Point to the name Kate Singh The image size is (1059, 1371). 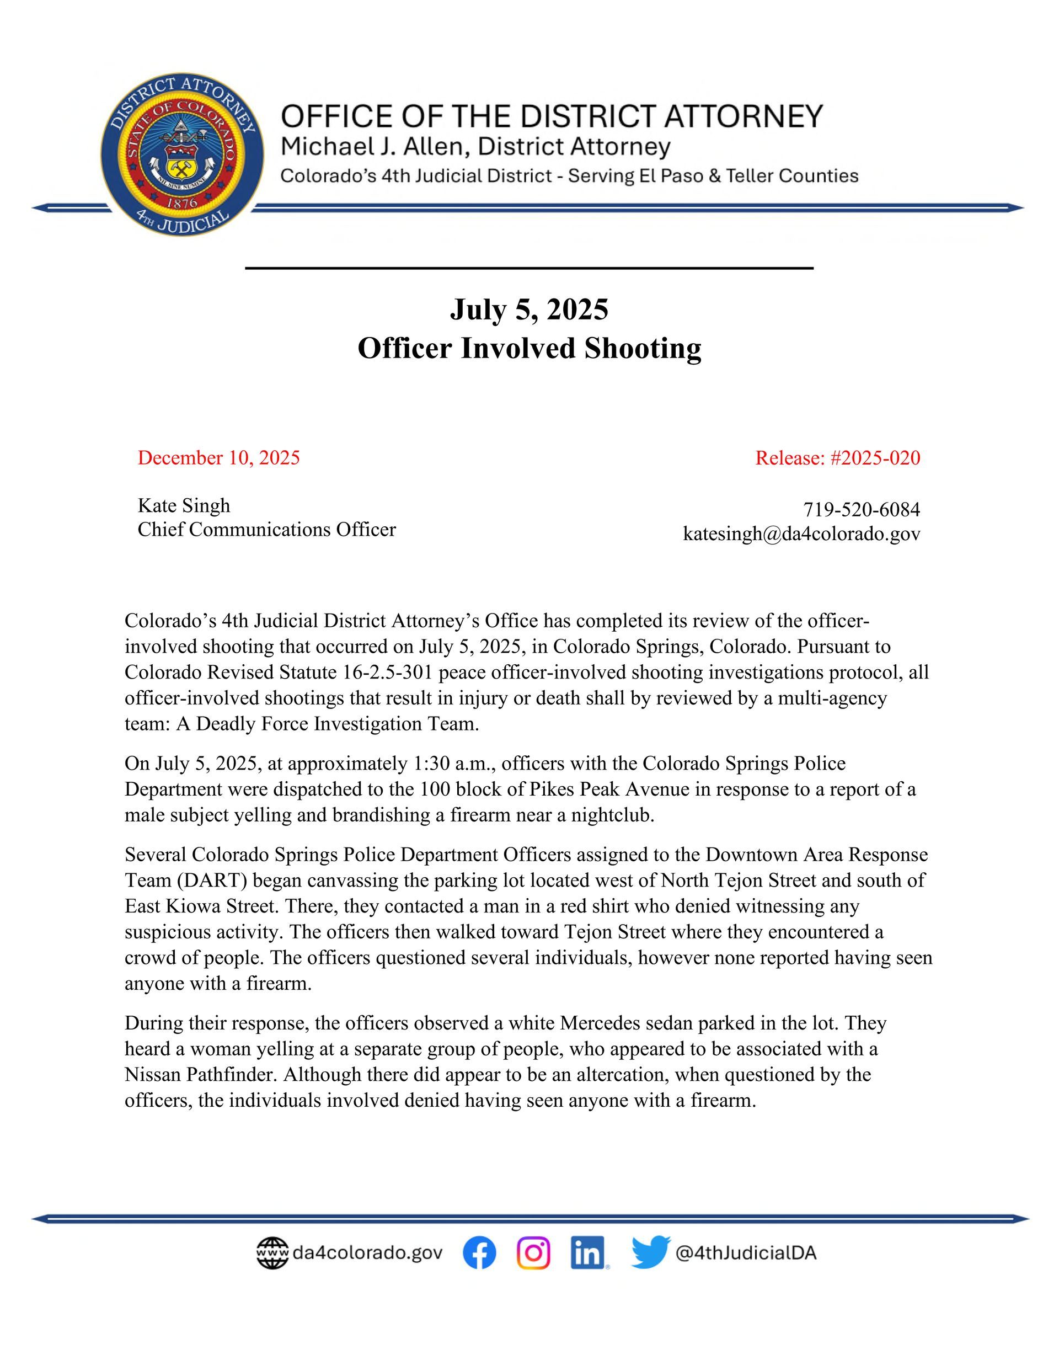[184, 505]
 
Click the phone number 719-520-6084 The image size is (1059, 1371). [861, 509]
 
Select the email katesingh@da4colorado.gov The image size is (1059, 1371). [801, 534]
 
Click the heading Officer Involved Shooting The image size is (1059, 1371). [529, 348]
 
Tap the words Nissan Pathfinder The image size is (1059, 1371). [200, 1075]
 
